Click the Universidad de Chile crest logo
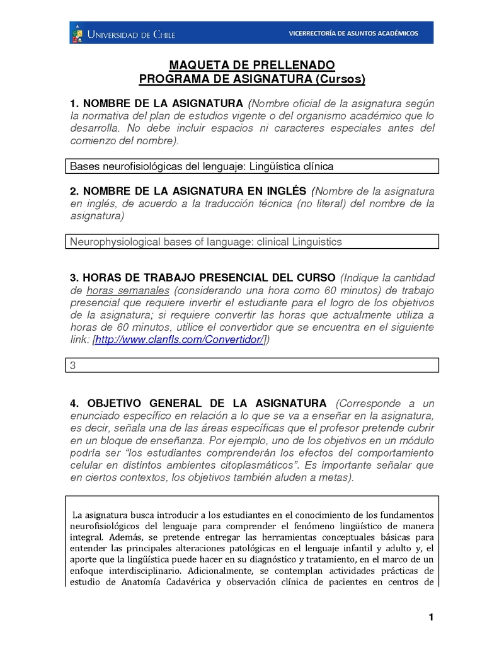[77, 33]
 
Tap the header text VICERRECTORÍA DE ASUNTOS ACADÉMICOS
[353, 33]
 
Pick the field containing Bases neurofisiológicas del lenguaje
[252, 166]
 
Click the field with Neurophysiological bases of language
[252, 242]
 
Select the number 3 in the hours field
[72, 365]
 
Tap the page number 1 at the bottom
[431, 617]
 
